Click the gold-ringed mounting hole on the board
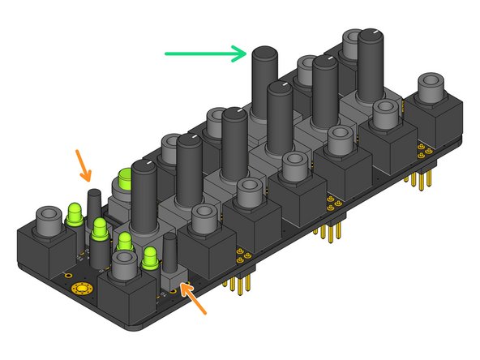[x=81, y=289]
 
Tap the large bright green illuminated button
[x=125, y=180]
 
